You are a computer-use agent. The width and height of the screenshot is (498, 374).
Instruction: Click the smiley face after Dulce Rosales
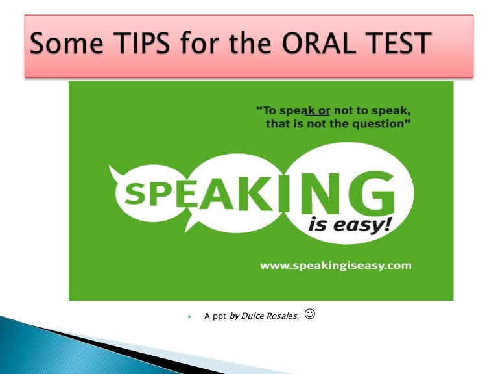pos(309,314)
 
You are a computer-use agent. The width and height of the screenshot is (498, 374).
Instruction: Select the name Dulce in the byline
pos(254,316)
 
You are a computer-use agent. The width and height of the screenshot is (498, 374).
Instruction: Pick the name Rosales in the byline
pos(283,316)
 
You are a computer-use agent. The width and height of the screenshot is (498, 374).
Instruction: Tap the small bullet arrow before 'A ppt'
pos(190,317)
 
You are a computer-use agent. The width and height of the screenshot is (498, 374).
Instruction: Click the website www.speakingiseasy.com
pos(335,266)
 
